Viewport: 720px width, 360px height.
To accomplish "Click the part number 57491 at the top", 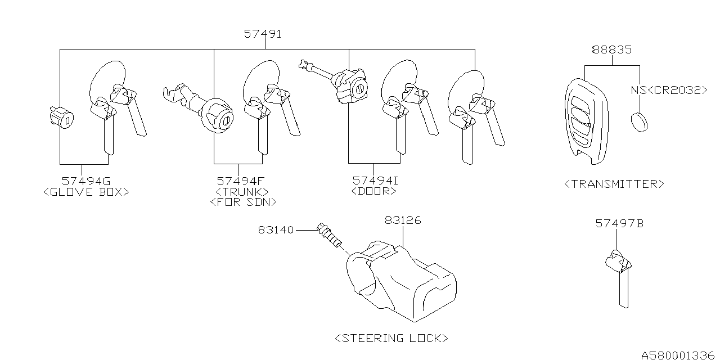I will [263, 34].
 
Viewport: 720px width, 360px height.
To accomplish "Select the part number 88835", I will [611, 50].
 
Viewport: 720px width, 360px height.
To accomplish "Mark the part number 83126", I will [403, 220].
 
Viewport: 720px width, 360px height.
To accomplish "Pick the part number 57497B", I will [619, 224].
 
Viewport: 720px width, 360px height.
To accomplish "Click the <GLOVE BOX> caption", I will [86, 192].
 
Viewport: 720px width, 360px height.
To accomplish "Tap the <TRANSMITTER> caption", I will [614, 183].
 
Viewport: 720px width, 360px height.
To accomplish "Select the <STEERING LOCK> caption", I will [391, 338].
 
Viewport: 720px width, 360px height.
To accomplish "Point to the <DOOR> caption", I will [373, 191].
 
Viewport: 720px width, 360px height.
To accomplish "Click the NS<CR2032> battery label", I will [668, 89].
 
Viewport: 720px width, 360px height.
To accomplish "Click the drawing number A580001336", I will [678, 354].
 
